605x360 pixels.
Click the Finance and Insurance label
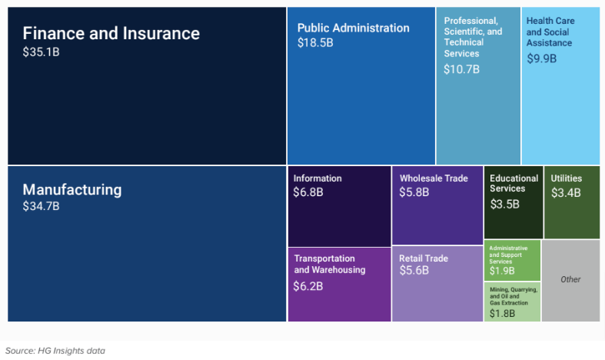[x=111, y=33]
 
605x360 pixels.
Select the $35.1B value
[x=42, y=54]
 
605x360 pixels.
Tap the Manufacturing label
[x=72, y=189]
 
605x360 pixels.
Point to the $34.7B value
[x=42, y=206]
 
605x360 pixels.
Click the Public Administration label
[x=353, y=28]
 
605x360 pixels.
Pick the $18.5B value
[x=315, y=43]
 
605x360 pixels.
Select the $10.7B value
[x=461, y=69]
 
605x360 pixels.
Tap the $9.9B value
[x=541, y=58]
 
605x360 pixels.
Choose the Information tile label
[x=317, y=178]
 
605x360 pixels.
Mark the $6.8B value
[x=308, y=192]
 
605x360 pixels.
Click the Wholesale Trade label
[x=434, y=178]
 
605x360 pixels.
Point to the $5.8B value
[x=414, y=192]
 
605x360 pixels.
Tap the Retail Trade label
[x=424, y=258]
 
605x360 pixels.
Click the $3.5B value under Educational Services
[x=505, y=204]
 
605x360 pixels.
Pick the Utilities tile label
[x=566, y=178]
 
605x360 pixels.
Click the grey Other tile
[x=570, y=279]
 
